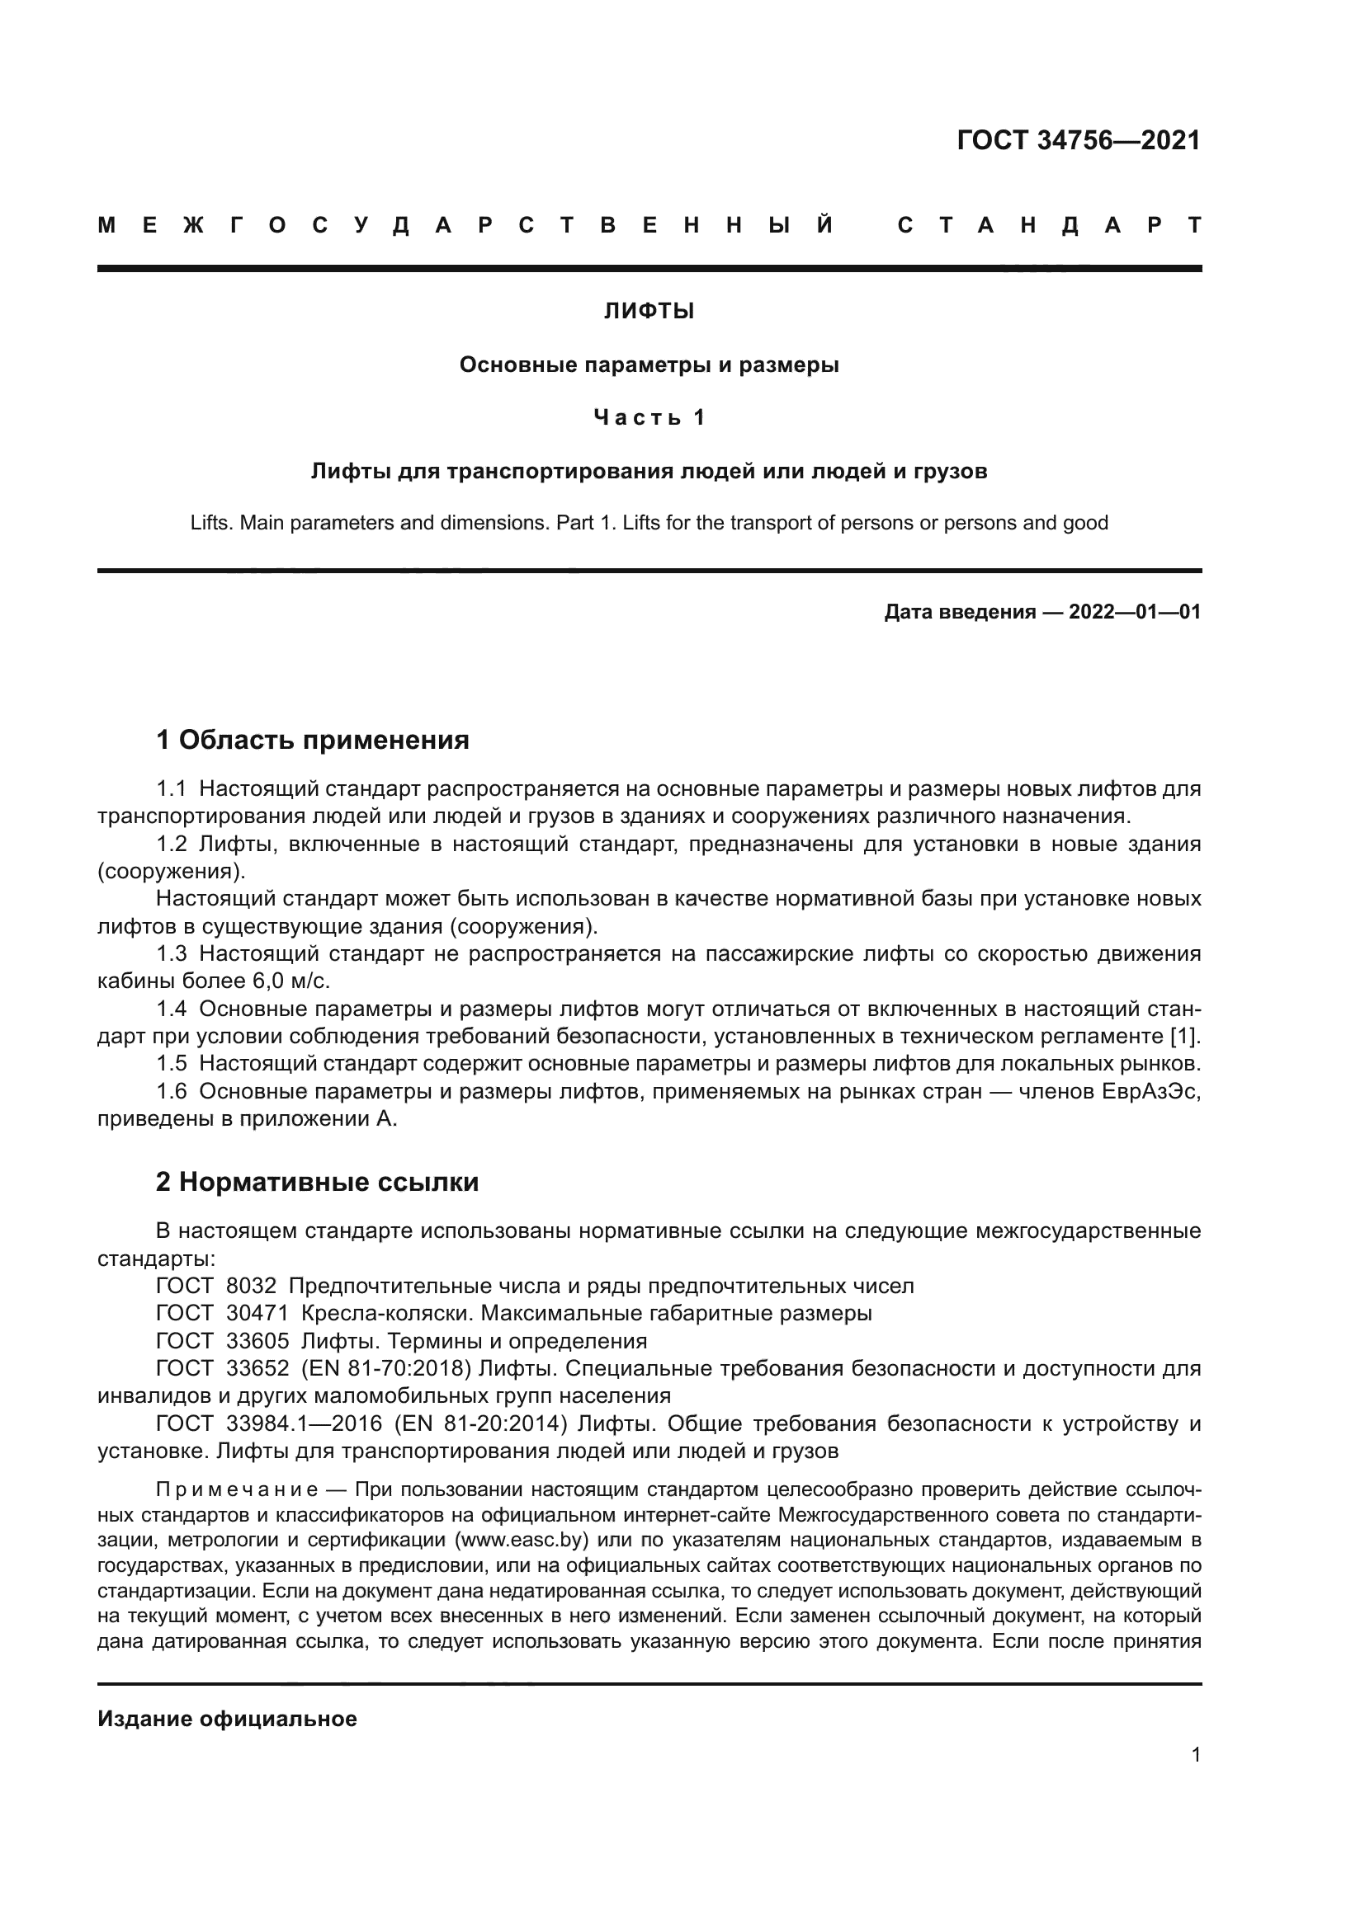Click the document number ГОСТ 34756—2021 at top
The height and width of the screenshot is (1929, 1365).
point(1079,140)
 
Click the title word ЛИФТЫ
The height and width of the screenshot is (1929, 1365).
point(649,312)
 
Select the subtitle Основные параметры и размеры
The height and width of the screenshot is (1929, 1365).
point(649,365)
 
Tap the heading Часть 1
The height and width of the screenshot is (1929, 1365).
point(649,417)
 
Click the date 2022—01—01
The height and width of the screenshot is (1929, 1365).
point(1134,612)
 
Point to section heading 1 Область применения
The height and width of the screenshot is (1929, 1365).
point(312,740)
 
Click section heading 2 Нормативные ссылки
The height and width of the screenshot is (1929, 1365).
point(317,1182)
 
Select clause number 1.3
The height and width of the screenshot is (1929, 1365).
point(172,953)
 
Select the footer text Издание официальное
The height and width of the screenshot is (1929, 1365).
point(227,1719)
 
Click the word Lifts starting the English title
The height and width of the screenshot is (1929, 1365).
point(210,523)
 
